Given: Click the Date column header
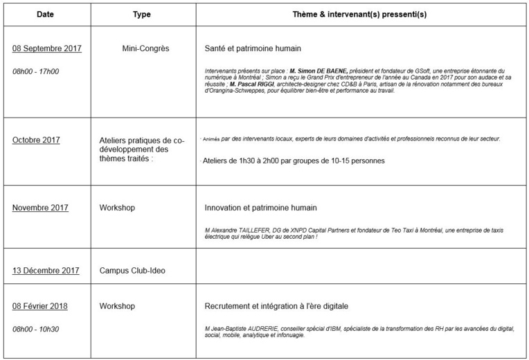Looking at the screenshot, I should click(45, 14).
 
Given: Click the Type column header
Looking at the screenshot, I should click(142, 14).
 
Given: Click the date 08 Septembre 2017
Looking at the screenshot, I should click(47, 48).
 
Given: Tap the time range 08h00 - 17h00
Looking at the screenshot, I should click(36, 71).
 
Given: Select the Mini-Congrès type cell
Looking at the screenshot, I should click(145, 48).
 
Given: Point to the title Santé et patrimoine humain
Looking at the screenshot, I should click(253, 49).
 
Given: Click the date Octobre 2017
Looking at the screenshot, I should click(36, 140).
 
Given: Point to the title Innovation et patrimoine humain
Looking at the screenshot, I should click(260, 208).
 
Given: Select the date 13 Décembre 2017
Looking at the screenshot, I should click(46, 271).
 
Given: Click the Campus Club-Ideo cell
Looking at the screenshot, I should click(132, 271).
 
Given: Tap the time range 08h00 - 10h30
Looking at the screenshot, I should click(36, 328).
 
